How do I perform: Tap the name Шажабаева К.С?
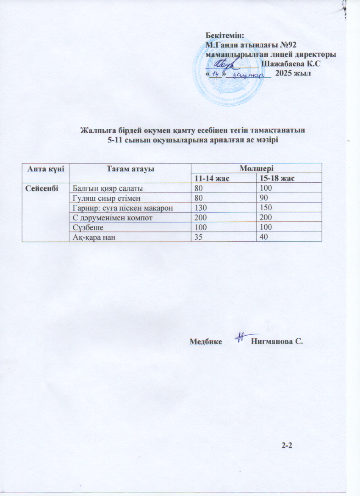[291, 64]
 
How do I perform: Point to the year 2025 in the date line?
[284, 73]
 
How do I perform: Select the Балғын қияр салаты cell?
[104, 188]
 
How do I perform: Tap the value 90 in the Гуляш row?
[265, 198]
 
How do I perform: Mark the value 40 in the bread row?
[265, 237]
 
